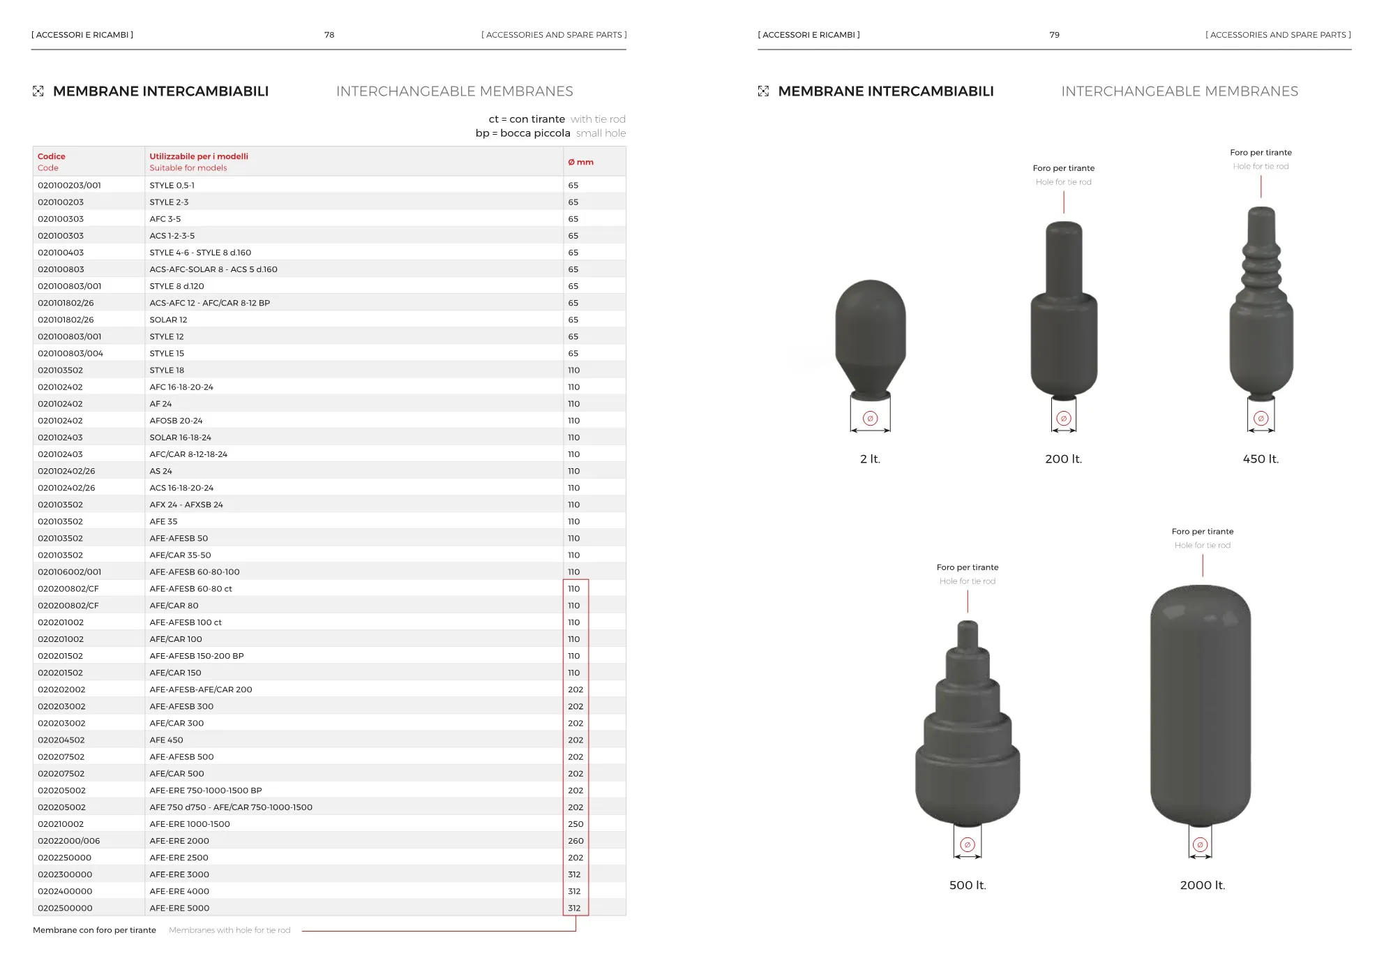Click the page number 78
pyautogui.click(x=329, y=35)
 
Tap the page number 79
pyautogui.click(x=1054, y=35)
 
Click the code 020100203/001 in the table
pyautogui.click(x=69, y=186)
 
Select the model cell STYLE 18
pyautogui.click(x=167, y=371)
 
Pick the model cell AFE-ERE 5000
pyautogui.click(x=179, y=909)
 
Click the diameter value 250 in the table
pyautogui.click(x=576, y=824)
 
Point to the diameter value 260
pyautogui.click(x=576, y=841)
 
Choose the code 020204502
pyautogui.click(x=61, y=740)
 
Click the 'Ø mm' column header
pyautogui.click(x=580, y=162)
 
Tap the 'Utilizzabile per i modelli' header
pyautogui.click(x=199, y=156)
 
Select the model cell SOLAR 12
pyautogui.click(x=168, y=320)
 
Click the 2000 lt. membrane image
pyautogui.click(x=1200, y=705)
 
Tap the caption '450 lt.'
pyautogui.click(x=1261, y=459)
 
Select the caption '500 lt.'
pyautogui.click(x=968, y=885)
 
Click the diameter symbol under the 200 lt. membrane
pyautogui.click(x=1063, y=419)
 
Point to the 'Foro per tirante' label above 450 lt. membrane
pyautogui.click(x=1261, y=153)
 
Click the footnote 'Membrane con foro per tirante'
pyautogui.click(x=94, y=930)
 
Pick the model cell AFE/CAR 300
pyautogui.click(x=176, y=724)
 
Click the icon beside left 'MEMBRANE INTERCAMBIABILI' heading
pyautogui.click(x=38, y=91)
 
